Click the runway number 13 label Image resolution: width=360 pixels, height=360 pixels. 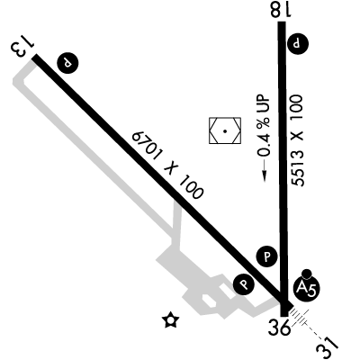22,47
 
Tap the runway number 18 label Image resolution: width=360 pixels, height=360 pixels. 281,9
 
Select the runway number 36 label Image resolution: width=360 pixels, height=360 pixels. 280,327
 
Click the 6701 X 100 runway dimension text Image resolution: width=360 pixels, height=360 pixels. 167,166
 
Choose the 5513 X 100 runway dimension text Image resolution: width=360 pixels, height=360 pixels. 297,140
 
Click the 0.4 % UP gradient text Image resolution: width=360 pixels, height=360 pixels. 264,126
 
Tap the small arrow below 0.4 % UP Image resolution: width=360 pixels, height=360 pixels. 265,170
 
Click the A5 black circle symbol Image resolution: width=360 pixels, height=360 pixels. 306,289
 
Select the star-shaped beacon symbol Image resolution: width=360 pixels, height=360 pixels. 170,319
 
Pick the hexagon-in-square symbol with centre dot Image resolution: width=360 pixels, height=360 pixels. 225,130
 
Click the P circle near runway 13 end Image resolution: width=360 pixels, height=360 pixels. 67,63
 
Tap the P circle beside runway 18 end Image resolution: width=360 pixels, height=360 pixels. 298,44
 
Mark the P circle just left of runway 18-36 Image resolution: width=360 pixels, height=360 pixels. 266,256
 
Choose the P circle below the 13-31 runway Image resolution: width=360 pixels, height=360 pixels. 244,283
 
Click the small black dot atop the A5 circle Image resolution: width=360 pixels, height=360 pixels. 307,274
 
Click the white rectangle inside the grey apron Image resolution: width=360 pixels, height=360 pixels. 227,292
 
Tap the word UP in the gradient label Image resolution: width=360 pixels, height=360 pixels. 264,103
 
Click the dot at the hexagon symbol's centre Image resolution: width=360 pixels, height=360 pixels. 225,130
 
